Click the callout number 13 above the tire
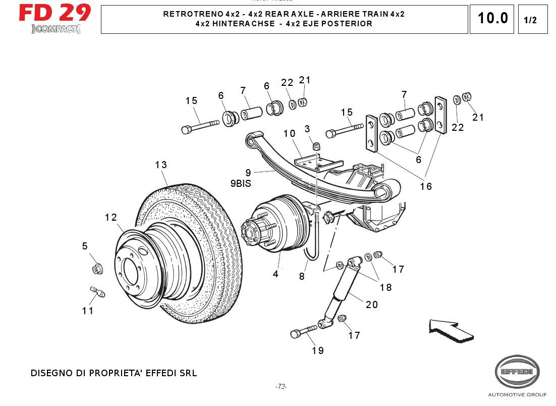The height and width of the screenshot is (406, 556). (x=161, y=165)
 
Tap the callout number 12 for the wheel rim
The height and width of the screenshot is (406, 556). (x=111, y=217)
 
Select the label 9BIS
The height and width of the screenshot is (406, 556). (x=241, y=184)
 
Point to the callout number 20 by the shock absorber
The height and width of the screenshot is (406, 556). (x=372, y=304)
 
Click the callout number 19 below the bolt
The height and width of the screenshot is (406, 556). (x=317, y=350)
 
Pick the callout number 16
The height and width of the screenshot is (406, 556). (x=426, y=186)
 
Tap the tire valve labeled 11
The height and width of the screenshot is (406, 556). (x=96, y=291)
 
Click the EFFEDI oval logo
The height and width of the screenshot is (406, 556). (x=517, y=372)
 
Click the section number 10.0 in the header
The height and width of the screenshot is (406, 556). (x=492, y=19)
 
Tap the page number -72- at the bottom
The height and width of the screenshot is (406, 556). (x=281, y=387)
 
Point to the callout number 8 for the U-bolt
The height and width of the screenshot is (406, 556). (x=302, y=276)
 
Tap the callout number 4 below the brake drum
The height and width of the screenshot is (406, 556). (x=275, y=274)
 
